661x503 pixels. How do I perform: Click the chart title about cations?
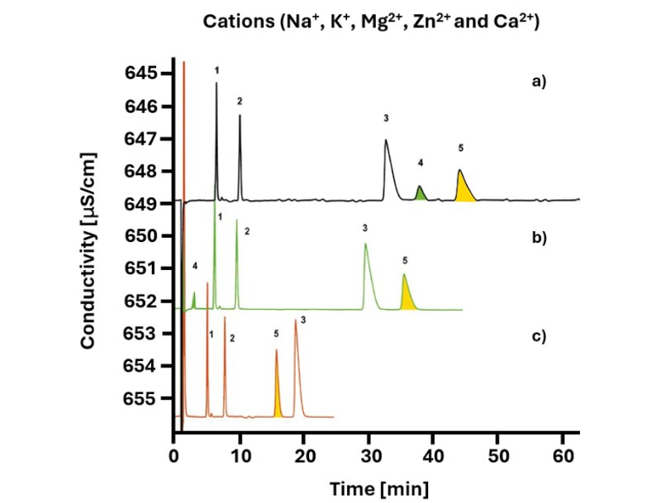[371, 22]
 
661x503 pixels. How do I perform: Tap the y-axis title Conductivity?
[89, 249]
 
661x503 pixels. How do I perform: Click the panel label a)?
[540, 83]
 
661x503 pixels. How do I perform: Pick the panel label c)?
[540, 336]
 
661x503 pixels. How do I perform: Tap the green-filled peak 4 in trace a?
[421, 194]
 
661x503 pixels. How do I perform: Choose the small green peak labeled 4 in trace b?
[194, 300]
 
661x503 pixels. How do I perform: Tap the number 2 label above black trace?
[239, 101]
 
